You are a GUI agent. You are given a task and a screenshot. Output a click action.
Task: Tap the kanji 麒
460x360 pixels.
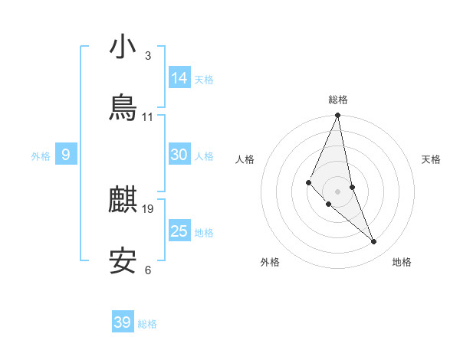tap(123, 200)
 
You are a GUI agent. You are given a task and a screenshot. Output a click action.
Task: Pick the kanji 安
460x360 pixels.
tap(123, 261)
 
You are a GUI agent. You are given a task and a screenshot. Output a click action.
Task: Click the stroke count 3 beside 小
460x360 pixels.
tap(148, 56)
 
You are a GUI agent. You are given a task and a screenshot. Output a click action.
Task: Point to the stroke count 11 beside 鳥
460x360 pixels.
tap(148, 117)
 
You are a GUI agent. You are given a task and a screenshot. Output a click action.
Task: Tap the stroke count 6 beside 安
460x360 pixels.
tap(148, 270)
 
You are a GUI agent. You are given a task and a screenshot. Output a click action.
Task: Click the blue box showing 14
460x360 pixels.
tap(179, 78)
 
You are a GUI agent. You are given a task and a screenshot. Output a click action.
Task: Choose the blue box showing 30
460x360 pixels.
tap(179, 155)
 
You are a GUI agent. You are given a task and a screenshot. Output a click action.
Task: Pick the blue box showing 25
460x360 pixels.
tap(179, 231)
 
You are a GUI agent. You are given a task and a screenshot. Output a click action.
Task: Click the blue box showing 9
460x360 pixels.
tap(66, 155)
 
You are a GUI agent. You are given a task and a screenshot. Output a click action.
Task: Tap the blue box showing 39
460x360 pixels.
tap(123, 322)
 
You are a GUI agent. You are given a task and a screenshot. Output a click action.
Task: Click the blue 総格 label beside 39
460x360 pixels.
tap(147, 324)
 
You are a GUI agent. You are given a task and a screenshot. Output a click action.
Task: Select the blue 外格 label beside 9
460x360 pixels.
tap(41, 156)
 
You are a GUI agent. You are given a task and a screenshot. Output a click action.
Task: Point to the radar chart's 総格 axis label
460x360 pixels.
tap(338, 100)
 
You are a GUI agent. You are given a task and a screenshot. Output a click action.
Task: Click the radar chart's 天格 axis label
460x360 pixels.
tap(432, 159)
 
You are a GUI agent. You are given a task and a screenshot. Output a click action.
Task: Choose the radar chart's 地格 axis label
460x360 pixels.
tap(402, 262)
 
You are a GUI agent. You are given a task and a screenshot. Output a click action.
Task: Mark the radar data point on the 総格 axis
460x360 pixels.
tap(337, 116)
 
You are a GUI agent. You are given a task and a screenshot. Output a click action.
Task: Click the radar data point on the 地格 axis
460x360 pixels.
tap(374, 242)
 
